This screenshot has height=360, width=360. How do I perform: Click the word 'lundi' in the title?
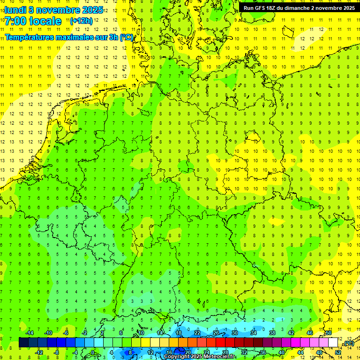point(15,10)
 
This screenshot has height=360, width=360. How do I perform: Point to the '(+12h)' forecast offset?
point(81,21)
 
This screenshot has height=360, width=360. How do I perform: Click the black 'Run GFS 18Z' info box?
point(299,7)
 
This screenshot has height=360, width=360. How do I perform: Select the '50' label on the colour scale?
point(329,333)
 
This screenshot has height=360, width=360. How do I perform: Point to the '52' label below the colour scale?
point(338,352)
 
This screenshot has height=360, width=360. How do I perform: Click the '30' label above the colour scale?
point(234,333)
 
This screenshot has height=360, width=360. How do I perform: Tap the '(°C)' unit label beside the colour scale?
point(348,344)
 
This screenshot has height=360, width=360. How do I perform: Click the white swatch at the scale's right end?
point(333,343)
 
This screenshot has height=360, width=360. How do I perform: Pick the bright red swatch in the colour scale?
point(220,343)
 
